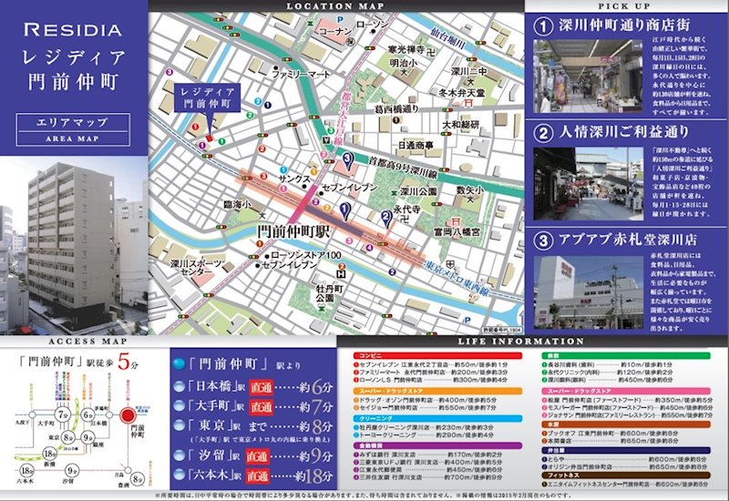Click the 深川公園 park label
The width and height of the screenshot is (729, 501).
coord(420,192)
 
